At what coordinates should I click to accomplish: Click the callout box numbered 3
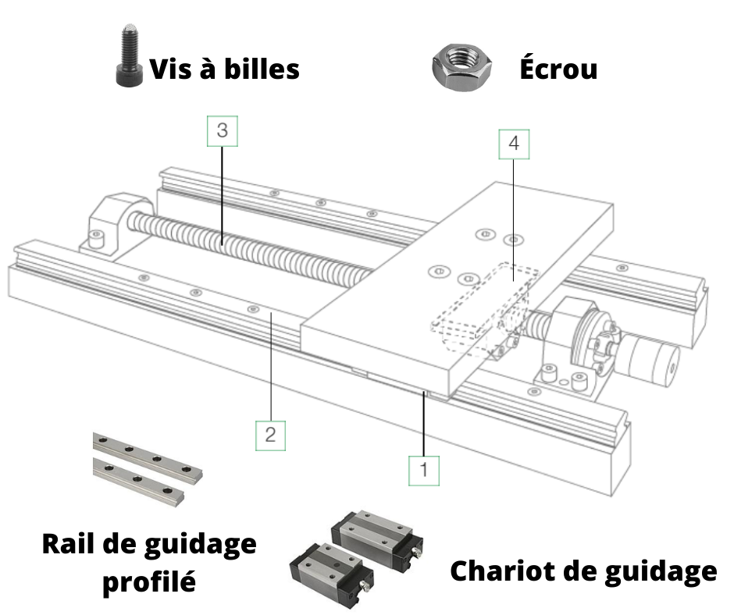(223, 131)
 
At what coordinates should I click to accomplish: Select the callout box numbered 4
(514, 144)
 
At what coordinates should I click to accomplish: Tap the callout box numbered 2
(271, 435)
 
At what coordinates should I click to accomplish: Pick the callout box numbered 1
(424, 471)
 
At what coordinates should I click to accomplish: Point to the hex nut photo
(461, 67)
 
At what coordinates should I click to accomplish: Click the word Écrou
(558, 69)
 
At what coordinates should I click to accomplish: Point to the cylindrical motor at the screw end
(651, 358)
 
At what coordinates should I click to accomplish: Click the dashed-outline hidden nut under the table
(484, 308)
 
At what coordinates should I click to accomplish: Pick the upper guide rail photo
(148, 457)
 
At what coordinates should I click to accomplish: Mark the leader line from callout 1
(424, 424)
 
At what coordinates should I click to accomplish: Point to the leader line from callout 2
(271, 368)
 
